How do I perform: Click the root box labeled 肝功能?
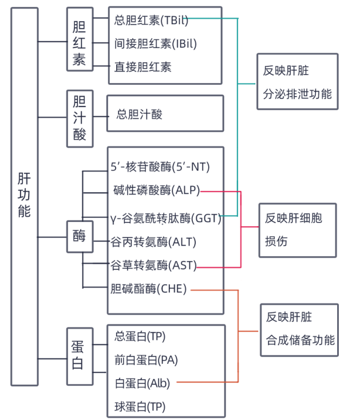point(24,196)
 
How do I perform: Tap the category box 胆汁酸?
point(79,118)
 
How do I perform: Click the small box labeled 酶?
point(79,236)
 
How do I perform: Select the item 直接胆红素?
point(143,67)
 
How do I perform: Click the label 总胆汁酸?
point(140,114)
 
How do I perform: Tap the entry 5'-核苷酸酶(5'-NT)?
point(160,167)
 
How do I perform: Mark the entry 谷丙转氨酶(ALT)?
point(153,241)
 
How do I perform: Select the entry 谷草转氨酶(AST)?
point(153,266)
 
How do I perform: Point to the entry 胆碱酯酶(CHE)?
point(148,289)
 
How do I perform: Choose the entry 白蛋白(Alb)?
point(143,382)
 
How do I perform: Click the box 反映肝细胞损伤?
point(297,230)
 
